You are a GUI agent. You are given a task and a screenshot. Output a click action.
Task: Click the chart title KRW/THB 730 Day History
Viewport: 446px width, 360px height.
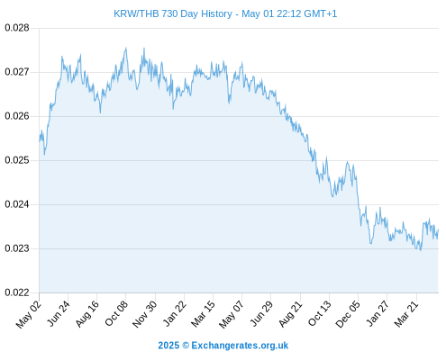click(x=173, y=13)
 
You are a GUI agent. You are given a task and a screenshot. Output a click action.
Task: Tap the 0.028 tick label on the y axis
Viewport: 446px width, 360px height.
click(x=17, y=28)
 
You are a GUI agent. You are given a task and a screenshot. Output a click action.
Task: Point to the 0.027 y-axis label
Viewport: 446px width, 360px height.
click(x=17, y=72)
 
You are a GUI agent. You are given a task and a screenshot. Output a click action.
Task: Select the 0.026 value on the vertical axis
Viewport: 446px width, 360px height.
click(x=17, y=116)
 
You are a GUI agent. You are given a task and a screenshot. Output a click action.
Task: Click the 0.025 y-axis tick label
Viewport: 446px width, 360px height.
click(x=17, y=160)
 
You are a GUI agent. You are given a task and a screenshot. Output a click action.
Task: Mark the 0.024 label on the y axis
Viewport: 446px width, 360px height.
click(x=17, y=204)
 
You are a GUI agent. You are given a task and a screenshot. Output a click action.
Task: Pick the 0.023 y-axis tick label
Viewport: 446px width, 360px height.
click(x=17, y=248)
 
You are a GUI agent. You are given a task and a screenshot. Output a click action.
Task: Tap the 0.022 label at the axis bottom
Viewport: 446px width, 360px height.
click(x=17, y=292)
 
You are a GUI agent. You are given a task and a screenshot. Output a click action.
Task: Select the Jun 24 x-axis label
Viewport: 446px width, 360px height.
click(x=59, y=313)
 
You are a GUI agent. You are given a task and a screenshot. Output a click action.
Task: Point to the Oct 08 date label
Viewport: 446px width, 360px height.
click(x=116, y=313)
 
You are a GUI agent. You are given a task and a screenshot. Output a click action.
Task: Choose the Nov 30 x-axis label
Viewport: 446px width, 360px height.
click(x=144, y=314)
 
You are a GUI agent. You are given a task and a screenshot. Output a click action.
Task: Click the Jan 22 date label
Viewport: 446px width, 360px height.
click(x=174, y=313)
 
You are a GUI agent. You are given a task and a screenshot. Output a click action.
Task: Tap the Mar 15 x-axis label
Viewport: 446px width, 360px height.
click(x=203, y=313)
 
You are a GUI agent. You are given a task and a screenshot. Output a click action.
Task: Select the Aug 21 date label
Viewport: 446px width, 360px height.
click(x=290, y=313)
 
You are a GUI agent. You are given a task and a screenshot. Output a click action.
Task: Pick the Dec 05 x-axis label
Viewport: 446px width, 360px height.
click(x=348, y=314)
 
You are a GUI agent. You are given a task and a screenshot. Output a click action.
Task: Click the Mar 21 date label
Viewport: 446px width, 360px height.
click(x=406, y=313)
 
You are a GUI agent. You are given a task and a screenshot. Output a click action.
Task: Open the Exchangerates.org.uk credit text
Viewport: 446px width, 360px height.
click(x=240, y=346)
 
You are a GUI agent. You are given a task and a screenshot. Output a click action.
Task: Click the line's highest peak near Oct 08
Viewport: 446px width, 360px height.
click(x=126, y=48)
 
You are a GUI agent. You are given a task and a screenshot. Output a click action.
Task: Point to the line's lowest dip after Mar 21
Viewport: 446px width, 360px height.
click(x=421, y=250)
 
